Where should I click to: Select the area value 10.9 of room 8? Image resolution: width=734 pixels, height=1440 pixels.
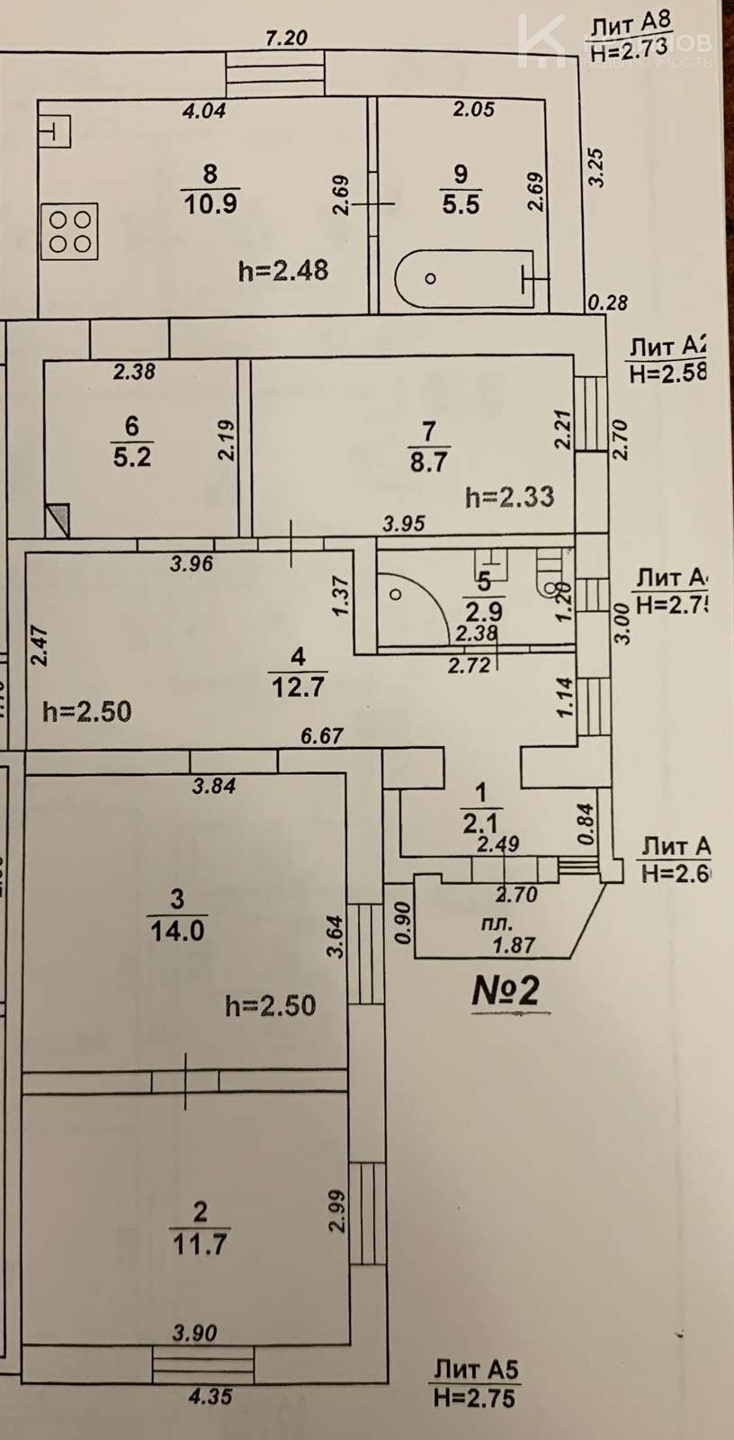click(210, 203)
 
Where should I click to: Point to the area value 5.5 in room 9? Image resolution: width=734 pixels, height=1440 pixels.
click(461, 204)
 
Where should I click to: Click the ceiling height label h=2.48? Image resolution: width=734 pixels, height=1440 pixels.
click(283, 270)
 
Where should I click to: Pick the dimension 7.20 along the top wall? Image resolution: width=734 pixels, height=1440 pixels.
click(287, 38)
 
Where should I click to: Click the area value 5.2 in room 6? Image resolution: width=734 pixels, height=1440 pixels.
click(132, 456)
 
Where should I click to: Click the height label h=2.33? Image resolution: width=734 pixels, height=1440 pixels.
click(509, 496)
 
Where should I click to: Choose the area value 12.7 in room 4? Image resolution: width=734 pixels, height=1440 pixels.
click(298, 687)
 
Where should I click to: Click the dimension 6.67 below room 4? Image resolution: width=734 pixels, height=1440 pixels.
click(322, 736)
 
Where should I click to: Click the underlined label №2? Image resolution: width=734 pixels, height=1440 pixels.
click(506, 990)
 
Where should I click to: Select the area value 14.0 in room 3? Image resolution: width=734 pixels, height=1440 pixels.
click(177, 930)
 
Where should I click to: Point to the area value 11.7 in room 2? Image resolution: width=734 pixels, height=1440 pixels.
click(200, 1244)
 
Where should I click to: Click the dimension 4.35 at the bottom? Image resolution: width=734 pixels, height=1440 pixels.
click(211, 1398)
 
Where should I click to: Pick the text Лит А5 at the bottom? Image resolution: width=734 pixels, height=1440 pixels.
click(476, 1371)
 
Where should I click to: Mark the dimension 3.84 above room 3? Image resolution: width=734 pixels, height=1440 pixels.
click(214, 786)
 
